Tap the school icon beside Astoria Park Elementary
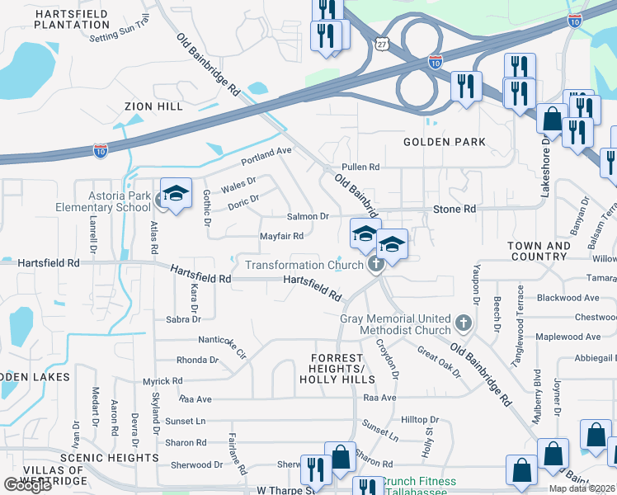(x=176, y=195)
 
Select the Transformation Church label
(x=304, y=265)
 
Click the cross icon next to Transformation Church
(x=376, y=265)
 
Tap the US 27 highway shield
(x=380, y=44)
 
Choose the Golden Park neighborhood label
(x=443, y=142)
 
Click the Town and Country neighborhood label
(x=539, y=251)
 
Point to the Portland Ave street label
(x=266, y=154)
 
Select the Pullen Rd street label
(x=360, y=167)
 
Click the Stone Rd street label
(x=455, y=210)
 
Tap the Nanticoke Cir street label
(x=222, y=343)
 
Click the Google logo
(x=27, y=486)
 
